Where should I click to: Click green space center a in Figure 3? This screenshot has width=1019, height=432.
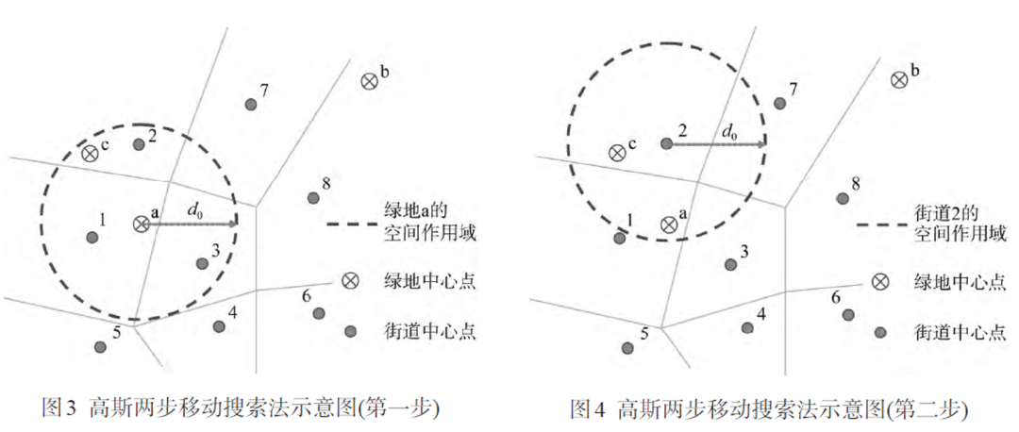click(x=141, y=224)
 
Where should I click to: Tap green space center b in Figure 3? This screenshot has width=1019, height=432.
click(x=368, y=81)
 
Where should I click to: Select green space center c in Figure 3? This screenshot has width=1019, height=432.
click(x=91, y=153)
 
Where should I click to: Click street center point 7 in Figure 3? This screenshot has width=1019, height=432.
click(x=251, y=105)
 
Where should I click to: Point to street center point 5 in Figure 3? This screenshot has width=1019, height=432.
click(x=101, y=346)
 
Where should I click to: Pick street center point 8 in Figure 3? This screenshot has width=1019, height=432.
click(x=312, y=197)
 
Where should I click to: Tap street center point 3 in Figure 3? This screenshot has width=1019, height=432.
click(x=201, y=263)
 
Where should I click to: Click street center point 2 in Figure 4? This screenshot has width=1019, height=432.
click(x=666, y=144)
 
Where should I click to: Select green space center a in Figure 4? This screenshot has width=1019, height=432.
click(x=669, y=224)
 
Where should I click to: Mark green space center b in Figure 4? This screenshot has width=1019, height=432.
click(x=899, y=81)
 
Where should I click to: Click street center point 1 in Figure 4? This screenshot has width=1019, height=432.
click(x=620, y=238)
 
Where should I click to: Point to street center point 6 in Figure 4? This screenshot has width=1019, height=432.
click(x=847, y=314)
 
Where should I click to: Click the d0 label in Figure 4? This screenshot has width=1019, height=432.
click(x=728, y=131)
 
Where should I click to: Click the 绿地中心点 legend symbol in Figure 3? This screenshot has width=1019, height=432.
click(x=350, y=280)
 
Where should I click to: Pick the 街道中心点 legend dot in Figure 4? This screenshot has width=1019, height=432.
click(x=880, y=331)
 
